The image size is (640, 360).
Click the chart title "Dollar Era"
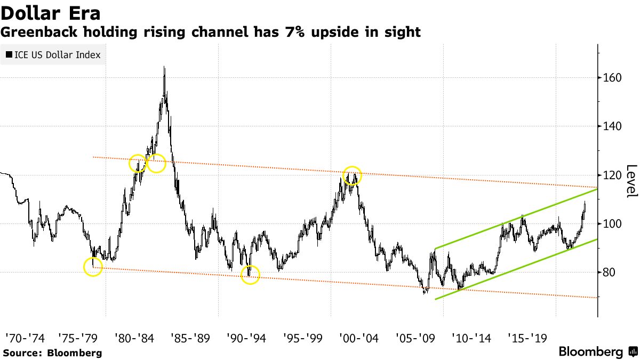pos(51,12)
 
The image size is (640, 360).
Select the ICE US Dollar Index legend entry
pos(53,55)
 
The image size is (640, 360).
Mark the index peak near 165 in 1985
pos(164,67)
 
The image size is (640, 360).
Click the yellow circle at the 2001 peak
pos(352,175)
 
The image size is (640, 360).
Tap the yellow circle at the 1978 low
pos(93,267)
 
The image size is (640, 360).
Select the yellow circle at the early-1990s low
pos(250,275)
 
